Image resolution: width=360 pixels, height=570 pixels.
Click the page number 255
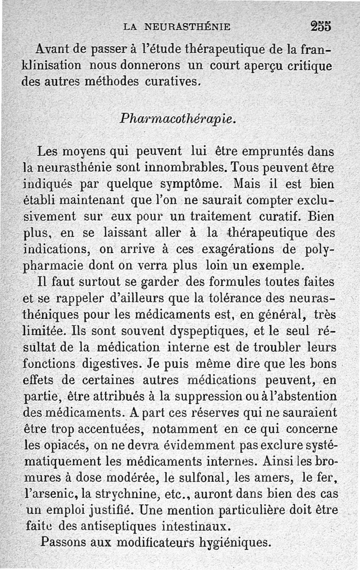pos(320,26)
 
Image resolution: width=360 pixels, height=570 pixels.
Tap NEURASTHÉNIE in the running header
pos(188,27)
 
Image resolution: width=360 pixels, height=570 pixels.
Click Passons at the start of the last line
pos(63,542)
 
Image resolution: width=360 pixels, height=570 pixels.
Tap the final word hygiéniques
pos(236,542)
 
